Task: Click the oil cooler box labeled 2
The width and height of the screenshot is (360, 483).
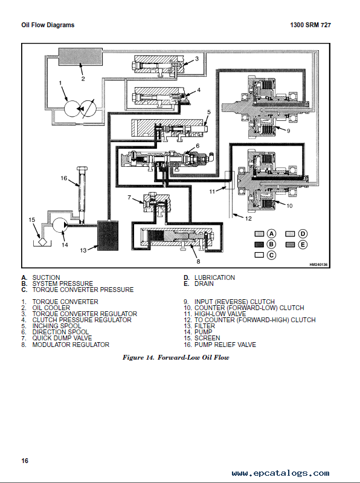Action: pos(80,56)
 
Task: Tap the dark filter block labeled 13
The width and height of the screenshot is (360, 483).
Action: pos(108,236)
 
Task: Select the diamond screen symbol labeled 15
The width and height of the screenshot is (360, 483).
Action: pos(42,242)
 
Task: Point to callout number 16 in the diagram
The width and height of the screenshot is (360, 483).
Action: pos(63,178)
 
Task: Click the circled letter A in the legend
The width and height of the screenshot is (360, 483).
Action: pos(271,233)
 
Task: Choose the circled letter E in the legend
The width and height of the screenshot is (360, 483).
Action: pos(303,244)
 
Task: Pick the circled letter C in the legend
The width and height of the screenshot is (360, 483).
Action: pos(271,255)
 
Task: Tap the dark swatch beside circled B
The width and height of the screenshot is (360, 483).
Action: pos(259,244)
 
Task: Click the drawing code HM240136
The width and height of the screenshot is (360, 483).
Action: pos(318,265)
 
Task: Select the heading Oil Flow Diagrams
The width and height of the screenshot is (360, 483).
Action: pos(48,25)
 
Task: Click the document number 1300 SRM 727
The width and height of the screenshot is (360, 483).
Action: pos(310,25)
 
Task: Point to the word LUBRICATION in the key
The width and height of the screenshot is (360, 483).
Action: pos(214,277)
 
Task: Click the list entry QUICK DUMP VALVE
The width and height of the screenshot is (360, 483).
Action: pos(62,338)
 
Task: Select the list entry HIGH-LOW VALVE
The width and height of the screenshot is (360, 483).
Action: pos(220,314)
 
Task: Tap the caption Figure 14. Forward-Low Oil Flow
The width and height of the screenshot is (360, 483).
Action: pos(176,357)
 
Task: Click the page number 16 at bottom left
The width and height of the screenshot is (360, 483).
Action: pos(25,461)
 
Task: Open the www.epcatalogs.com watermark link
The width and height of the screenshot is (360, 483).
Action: pos(281,473)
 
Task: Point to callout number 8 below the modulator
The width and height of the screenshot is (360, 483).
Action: pos(198,261)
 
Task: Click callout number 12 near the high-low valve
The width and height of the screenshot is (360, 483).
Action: pos(248,218)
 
